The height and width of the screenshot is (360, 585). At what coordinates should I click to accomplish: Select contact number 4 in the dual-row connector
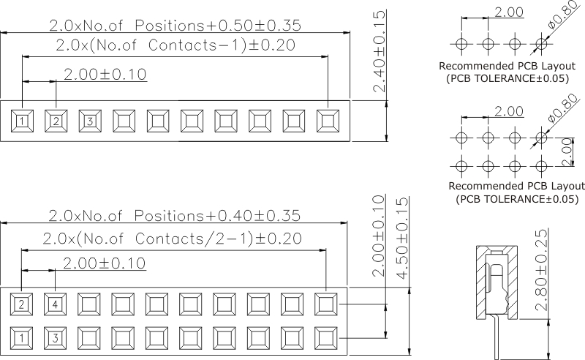tap(55, 304)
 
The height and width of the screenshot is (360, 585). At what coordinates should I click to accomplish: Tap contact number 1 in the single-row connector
tap(23, 121)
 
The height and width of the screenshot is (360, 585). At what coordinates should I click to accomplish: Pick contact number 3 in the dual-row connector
tap(55, 338)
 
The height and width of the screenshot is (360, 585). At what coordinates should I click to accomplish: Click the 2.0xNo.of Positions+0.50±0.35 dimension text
tap(175, 25)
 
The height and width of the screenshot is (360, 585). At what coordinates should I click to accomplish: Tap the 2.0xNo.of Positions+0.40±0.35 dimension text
tap(175, 217)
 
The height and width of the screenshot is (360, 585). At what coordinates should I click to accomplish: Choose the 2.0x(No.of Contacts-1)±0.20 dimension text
tap(175, 45)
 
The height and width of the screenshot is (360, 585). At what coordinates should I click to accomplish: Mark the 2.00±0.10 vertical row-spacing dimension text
tap(379, 236)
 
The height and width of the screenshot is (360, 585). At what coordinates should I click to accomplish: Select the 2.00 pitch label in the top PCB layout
tap(509, 13)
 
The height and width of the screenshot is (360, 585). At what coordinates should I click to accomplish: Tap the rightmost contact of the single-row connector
tap(328, 121)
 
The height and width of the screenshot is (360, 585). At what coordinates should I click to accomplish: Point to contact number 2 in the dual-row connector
tap(23, 304)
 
